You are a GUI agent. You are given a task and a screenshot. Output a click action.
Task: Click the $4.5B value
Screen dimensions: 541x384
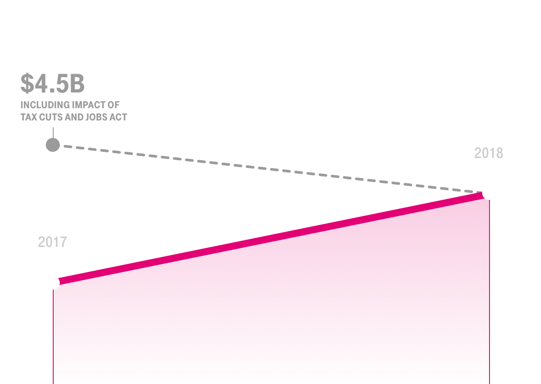(53, 83)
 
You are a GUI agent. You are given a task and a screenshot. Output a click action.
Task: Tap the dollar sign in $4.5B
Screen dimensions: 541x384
(27, 83)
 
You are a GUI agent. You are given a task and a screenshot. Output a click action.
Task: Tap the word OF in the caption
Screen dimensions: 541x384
(114, 105)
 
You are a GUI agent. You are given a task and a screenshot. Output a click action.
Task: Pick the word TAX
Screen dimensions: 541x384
(29, 117)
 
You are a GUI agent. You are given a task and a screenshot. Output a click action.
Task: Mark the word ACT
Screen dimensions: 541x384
(118, 117)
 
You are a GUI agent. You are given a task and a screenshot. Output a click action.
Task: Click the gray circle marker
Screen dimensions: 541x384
(53, 145)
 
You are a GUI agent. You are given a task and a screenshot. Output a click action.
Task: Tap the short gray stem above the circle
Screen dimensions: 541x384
(53, 133)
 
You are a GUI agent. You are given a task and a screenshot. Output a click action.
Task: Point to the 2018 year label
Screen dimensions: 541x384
(489, 153)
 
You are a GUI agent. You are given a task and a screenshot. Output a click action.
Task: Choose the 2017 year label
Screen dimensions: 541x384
(52, 242)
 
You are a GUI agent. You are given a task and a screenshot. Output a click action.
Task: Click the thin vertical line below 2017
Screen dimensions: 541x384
(53, 337)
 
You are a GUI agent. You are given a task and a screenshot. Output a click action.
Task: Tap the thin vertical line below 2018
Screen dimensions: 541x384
(490, 292)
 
